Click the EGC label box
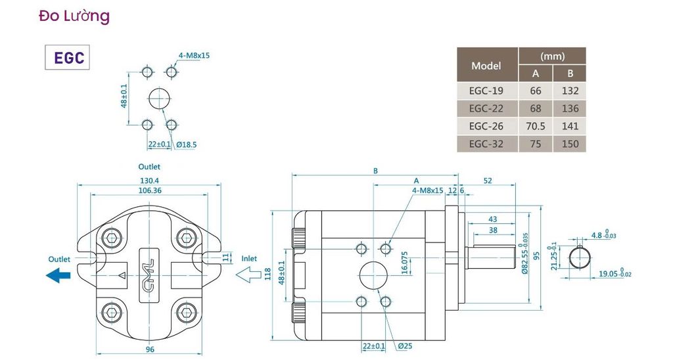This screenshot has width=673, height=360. click(68, 57)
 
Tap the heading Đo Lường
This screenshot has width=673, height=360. click(74, 16)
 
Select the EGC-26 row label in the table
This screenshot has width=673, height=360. click(486, 126)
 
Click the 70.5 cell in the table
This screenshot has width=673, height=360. click(536, 126)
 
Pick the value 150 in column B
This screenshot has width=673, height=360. click(570, 144)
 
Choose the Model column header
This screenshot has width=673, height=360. click(486, 66)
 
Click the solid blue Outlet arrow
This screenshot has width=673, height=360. click(58, 275)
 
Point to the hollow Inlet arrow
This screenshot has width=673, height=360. click(248, 275)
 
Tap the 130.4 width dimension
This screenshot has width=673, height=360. click(149, 181)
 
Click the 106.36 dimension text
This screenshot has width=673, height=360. click(150, 190)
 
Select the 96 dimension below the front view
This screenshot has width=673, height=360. click(150, 349)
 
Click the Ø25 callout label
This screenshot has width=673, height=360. click(405, 346)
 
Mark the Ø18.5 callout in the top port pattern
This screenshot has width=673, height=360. click(186, 145)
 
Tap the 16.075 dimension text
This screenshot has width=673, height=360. click(404, 263)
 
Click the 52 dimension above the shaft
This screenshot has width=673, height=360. click(488, 181)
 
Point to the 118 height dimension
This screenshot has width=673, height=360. click(268, 275)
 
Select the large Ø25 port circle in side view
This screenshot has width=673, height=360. click(373, 275)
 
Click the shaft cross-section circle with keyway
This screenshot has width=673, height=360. click(580, 258)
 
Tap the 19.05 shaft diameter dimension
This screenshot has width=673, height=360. click(615, 273)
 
